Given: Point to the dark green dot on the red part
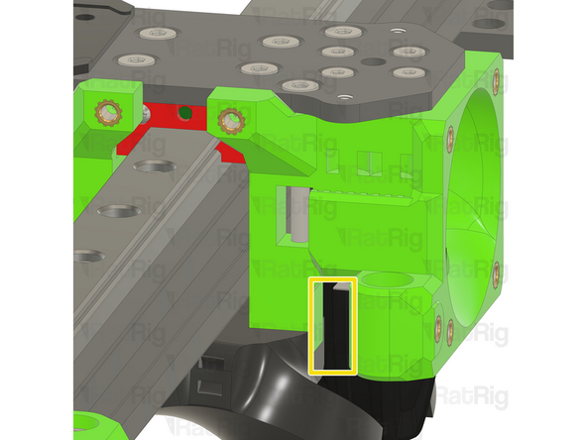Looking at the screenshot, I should [184, 112].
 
